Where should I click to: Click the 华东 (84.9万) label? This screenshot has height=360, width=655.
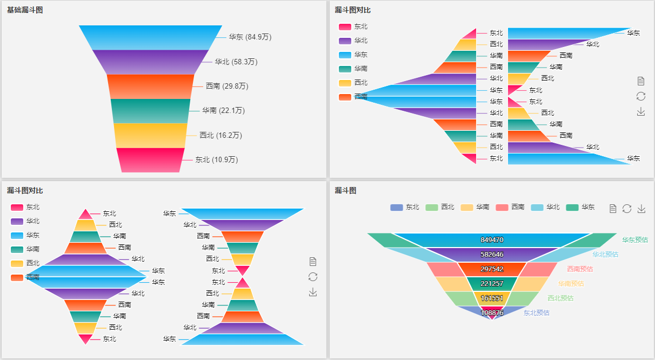coord(250,37)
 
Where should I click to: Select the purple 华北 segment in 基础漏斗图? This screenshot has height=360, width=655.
coord(150,62)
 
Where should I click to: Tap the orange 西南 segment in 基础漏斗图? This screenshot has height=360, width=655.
coord(150,86)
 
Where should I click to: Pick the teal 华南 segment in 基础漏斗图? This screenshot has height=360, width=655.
coord(150,111)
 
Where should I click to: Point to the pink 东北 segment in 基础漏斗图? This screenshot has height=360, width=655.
coord(150,160)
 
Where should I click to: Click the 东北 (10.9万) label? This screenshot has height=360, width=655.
coord(216,159)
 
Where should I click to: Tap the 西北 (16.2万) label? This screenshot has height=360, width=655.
coord(220,135)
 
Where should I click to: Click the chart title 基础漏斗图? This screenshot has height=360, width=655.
coord(25,10)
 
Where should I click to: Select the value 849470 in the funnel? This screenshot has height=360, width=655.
coord(492,240)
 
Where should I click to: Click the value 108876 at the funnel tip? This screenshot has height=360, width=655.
coord(492,312)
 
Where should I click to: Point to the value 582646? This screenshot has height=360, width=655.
coord(492,255)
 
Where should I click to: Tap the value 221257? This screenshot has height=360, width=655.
coord(492,284)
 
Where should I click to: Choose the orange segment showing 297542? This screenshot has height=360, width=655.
coord(492,269)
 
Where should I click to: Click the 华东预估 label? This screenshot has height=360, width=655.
coord(634,240)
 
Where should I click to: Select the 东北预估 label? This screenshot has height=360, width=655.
coord(536,312)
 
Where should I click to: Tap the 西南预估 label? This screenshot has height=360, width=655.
coord(579,269)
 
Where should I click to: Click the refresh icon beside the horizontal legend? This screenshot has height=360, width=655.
coord(627,209)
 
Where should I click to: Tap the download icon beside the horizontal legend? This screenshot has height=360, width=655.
coord(641,209)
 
